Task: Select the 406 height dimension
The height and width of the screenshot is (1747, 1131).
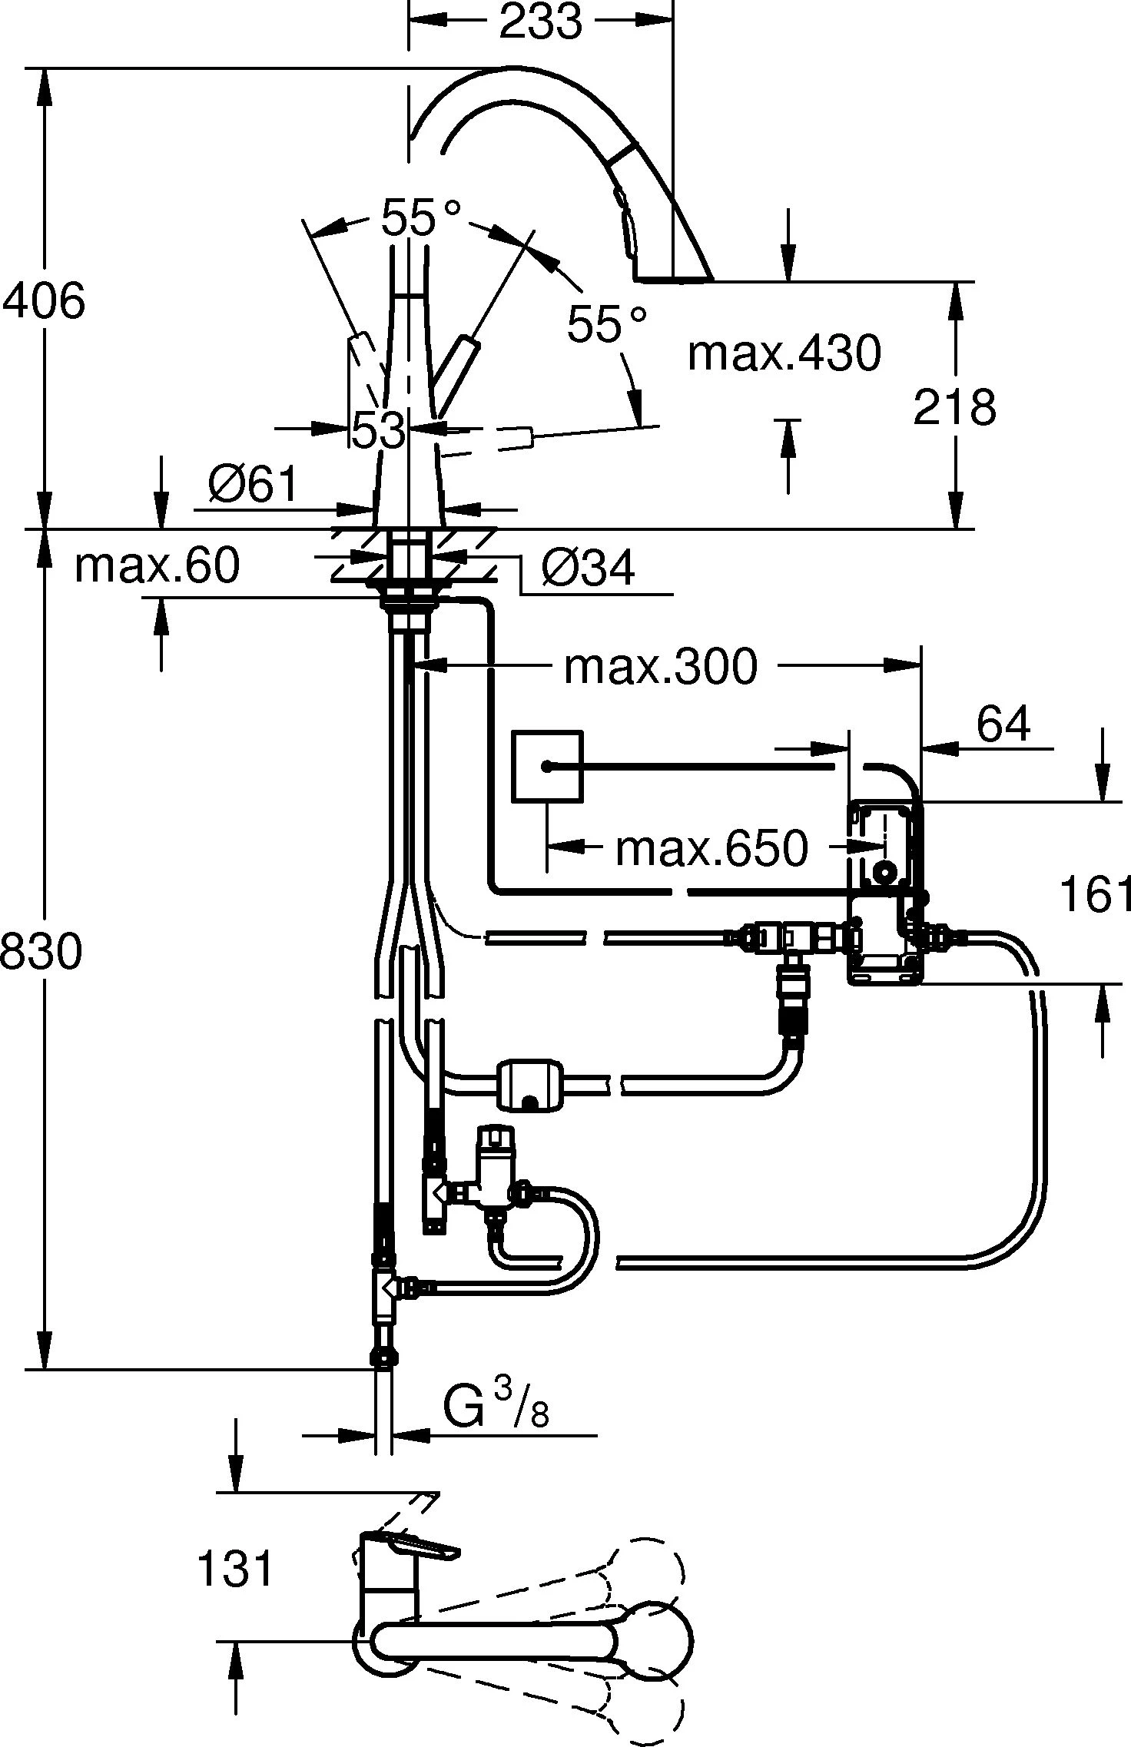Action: point(44,300)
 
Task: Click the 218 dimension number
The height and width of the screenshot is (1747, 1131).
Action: point(954,407)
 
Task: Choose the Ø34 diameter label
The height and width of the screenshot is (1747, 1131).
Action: point(589,569)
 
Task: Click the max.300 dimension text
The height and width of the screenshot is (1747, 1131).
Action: point(660,666)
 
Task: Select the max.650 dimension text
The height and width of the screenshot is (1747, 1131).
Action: point(711,849)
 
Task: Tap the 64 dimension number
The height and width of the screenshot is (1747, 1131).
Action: point(1003,724)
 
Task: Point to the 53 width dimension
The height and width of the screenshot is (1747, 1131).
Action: point(378,430)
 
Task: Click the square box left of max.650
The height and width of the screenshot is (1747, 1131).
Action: point(547,766)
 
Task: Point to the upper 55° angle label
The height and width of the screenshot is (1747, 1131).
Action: point(421,217)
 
